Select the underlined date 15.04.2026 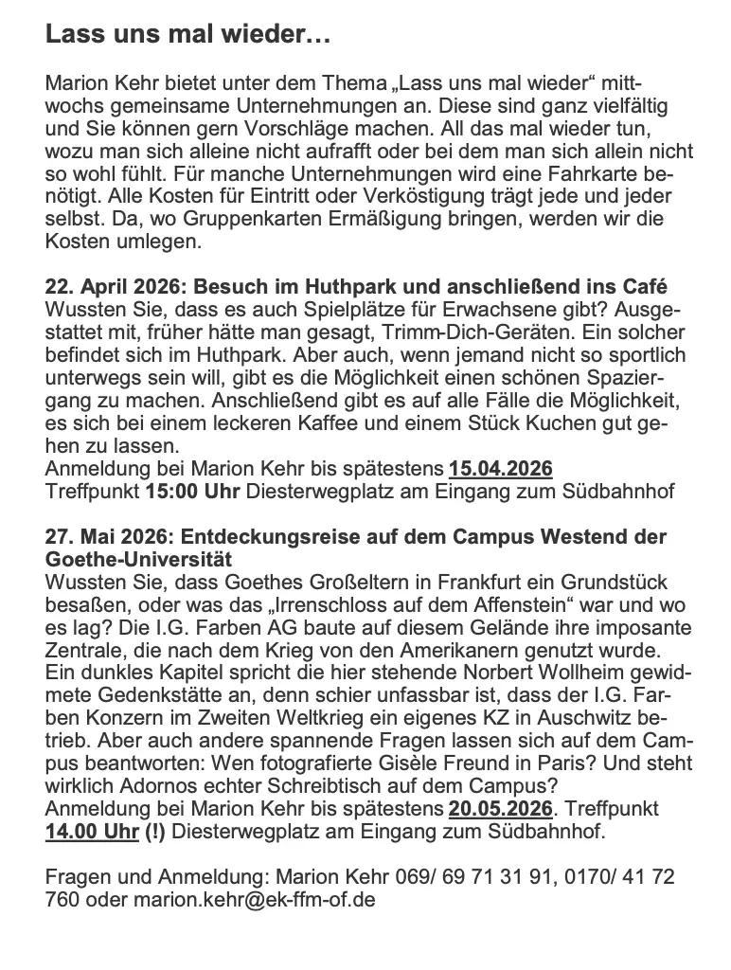pos(501,469)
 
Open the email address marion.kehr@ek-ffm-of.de pos(254,899)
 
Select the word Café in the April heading pos(644,287)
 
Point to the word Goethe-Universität pos(137,559)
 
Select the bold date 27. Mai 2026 pos(100,536)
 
